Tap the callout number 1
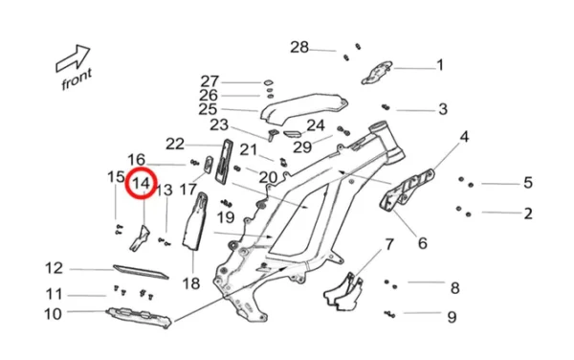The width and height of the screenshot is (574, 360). click(x=440, y=65)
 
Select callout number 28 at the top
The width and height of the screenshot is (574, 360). click(x=299, y=47)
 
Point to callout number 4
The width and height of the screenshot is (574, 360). click(x=464, y=137)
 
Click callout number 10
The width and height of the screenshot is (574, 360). click(x=53, y=313)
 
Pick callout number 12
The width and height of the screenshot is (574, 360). click(x=54, y=268)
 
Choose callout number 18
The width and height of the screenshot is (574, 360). click(x=189, y=283)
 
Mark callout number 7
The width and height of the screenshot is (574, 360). click(x=389, y=244)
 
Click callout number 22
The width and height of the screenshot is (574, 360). click(x=174, y=144)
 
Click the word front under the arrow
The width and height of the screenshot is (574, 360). click(x=77, y=82)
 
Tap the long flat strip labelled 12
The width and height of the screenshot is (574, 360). click(x=140, y=271)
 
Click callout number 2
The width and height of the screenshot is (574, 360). click(x=527, y=214)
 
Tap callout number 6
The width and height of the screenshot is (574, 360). click(x=422, y=243)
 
